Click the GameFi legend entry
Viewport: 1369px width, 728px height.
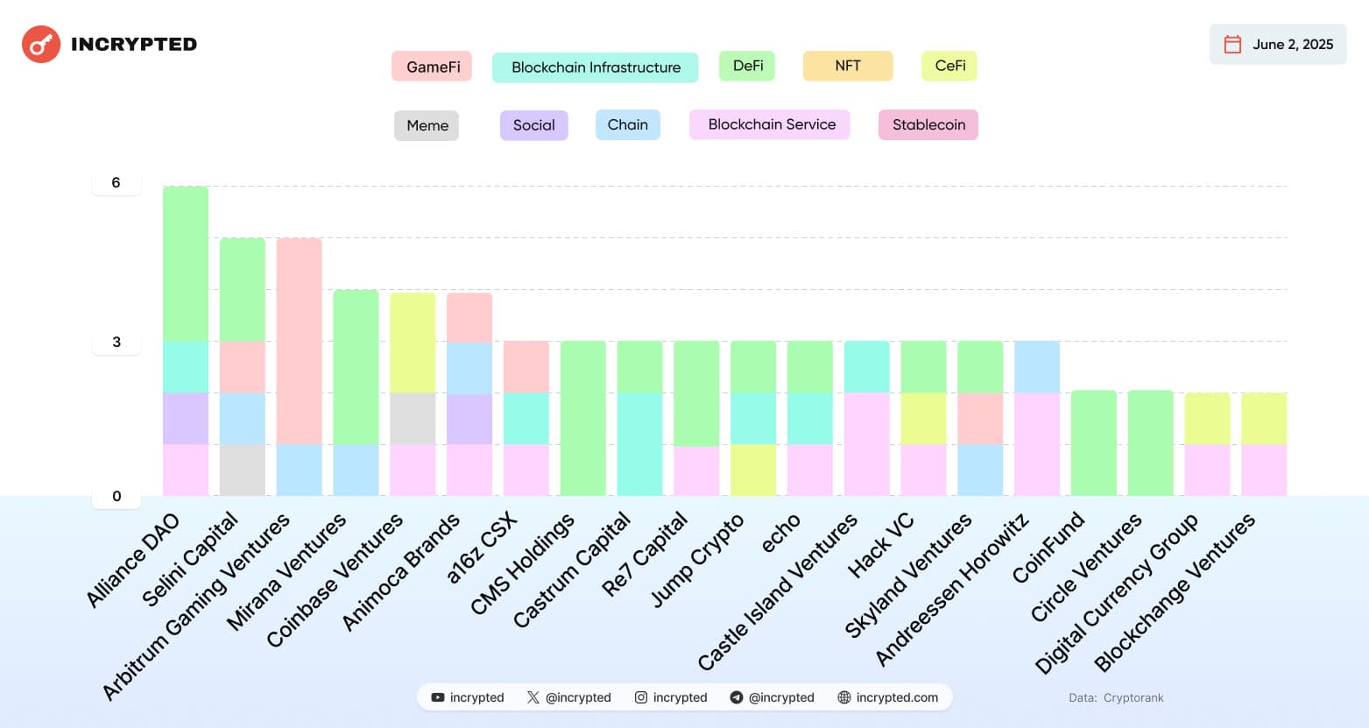[x=432, y=67]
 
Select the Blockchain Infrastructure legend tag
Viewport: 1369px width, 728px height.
[x=596, y=67]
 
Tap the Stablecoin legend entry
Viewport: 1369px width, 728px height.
[x=928, y=124]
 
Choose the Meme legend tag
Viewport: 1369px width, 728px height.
[x=427, y=125]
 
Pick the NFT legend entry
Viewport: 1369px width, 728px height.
[x=848, y=66]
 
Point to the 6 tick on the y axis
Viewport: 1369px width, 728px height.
[x=116, y=182]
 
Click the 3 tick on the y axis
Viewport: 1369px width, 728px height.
[x=116, y=342]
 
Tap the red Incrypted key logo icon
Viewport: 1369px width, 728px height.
[x=41, y=45]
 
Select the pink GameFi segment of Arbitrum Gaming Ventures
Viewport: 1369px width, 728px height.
[x=300, y=341]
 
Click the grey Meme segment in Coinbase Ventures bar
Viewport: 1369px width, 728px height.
[x=413, y=419]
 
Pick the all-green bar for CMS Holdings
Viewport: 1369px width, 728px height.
[x=583, y=418]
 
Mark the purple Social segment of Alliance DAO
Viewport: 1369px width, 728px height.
[x=186, y=419]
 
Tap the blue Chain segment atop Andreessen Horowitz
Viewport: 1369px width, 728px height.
[x=1037, y=367]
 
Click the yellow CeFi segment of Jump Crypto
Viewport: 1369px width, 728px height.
[x=753, y=470]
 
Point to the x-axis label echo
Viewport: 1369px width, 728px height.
[x=780, y=533]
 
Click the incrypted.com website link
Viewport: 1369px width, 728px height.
[x=888, y=697]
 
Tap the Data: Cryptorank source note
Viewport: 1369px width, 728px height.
[x=1116, y=698]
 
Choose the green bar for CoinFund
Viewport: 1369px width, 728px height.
[x=1094, y=443]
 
